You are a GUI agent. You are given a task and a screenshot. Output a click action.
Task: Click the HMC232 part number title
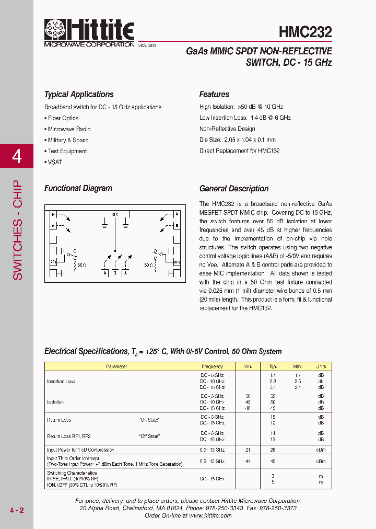(305, 32)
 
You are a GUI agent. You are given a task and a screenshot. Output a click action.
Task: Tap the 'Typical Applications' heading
(79, 95)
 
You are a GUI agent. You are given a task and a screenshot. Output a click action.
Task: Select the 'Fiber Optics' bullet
(63, 118)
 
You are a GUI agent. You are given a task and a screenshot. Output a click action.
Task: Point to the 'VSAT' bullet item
(54, 162)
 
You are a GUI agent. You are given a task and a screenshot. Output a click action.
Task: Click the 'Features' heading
(214, 95)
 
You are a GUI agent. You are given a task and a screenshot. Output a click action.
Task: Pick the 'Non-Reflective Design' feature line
(227, 129)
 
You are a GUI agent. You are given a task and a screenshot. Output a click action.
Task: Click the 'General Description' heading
(234, 189)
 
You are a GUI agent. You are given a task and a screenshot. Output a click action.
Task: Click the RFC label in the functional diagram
(115, 214)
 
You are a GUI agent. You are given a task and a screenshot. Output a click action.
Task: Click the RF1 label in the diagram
(53, 262)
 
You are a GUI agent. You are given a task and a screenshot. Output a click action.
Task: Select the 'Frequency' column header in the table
(212, 366)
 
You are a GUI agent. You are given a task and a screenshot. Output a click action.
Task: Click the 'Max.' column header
(298, 366)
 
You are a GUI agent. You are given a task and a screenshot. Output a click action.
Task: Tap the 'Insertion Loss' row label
(61, 382)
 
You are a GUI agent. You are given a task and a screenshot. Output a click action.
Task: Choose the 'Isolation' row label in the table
(55, 402)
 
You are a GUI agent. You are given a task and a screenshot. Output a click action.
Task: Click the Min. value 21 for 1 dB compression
(248, 450)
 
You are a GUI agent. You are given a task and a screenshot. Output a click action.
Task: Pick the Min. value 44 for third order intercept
(248, 462)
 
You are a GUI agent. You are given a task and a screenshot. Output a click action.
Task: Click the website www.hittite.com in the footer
(210, 515)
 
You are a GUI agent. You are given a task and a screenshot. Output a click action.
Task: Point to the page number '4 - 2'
(17, 510)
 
